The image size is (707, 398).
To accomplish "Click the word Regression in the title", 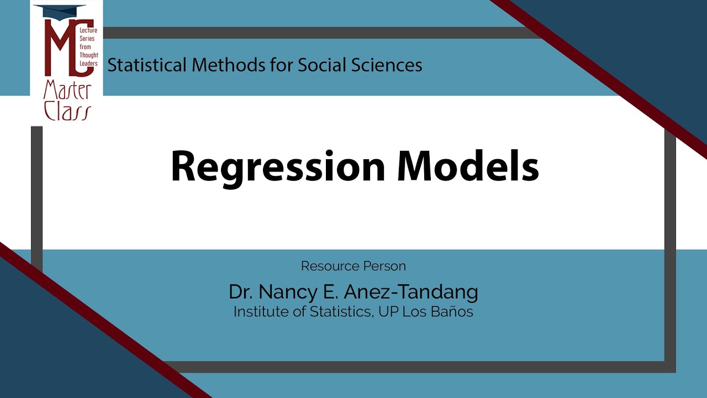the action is (278, 167).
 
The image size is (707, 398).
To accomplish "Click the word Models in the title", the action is (468, 166).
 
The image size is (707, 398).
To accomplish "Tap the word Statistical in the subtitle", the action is (147, 65).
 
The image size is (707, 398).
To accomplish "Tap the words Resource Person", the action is (353, 266).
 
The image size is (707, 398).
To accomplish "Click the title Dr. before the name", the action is (241, 292).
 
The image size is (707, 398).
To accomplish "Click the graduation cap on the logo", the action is (60, 11).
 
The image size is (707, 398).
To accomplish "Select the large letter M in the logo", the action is (61, 48).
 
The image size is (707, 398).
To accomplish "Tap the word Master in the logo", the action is (67, 91).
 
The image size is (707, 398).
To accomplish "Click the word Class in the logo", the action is (67, 111).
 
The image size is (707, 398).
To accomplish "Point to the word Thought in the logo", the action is (89, 55).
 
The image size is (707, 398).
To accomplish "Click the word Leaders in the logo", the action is (88, 63).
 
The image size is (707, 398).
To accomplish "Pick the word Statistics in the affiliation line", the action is (341, 312).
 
